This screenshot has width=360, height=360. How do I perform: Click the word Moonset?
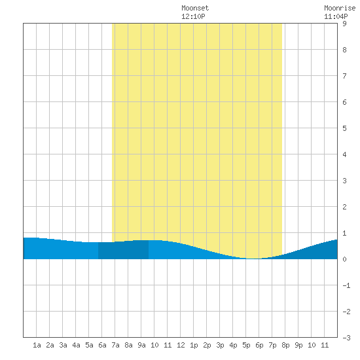click(195, 8)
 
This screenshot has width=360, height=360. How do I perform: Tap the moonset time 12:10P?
click(193, 16)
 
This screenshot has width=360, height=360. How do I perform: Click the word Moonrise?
click(340, 8)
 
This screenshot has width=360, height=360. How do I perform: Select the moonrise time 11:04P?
click(336, 16)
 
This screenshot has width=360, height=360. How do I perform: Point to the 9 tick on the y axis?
click(344, 24)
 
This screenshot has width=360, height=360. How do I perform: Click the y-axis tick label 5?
click(344, 128)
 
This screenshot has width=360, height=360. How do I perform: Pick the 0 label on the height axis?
click(344, 259)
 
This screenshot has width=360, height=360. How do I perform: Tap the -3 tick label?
click(346, 338)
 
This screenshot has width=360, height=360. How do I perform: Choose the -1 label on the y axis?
click(346, 285)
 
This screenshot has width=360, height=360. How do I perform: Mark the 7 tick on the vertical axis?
click(344, 76)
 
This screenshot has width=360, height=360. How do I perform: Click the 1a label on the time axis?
click(37, 345)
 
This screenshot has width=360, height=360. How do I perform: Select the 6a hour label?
click(102, 345)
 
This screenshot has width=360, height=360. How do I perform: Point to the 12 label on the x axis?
click(181, 345)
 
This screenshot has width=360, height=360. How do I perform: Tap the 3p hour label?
click(220, 345)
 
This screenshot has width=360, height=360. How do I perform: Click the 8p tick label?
click(285, 345)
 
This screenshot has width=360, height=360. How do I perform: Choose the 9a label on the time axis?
click(141, 345)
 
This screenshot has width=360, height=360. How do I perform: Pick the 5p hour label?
click(246, 345)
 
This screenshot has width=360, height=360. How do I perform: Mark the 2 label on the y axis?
click(344, 207)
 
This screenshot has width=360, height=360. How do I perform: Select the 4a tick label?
click(76, 345)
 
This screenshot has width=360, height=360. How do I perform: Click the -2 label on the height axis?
click(346, 312)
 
